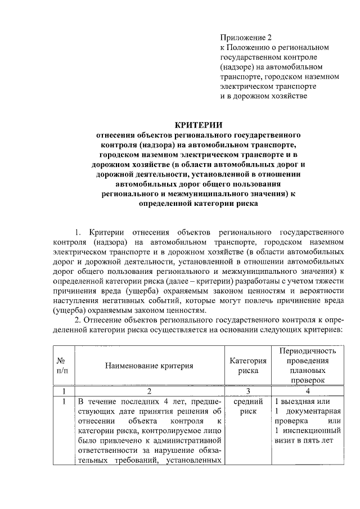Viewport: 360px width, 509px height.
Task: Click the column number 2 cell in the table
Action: tap(148, 390)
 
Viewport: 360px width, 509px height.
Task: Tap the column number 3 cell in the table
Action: tap(247, 390)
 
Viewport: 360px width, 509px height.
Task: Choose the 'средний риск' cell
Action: tap(247, 407)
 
